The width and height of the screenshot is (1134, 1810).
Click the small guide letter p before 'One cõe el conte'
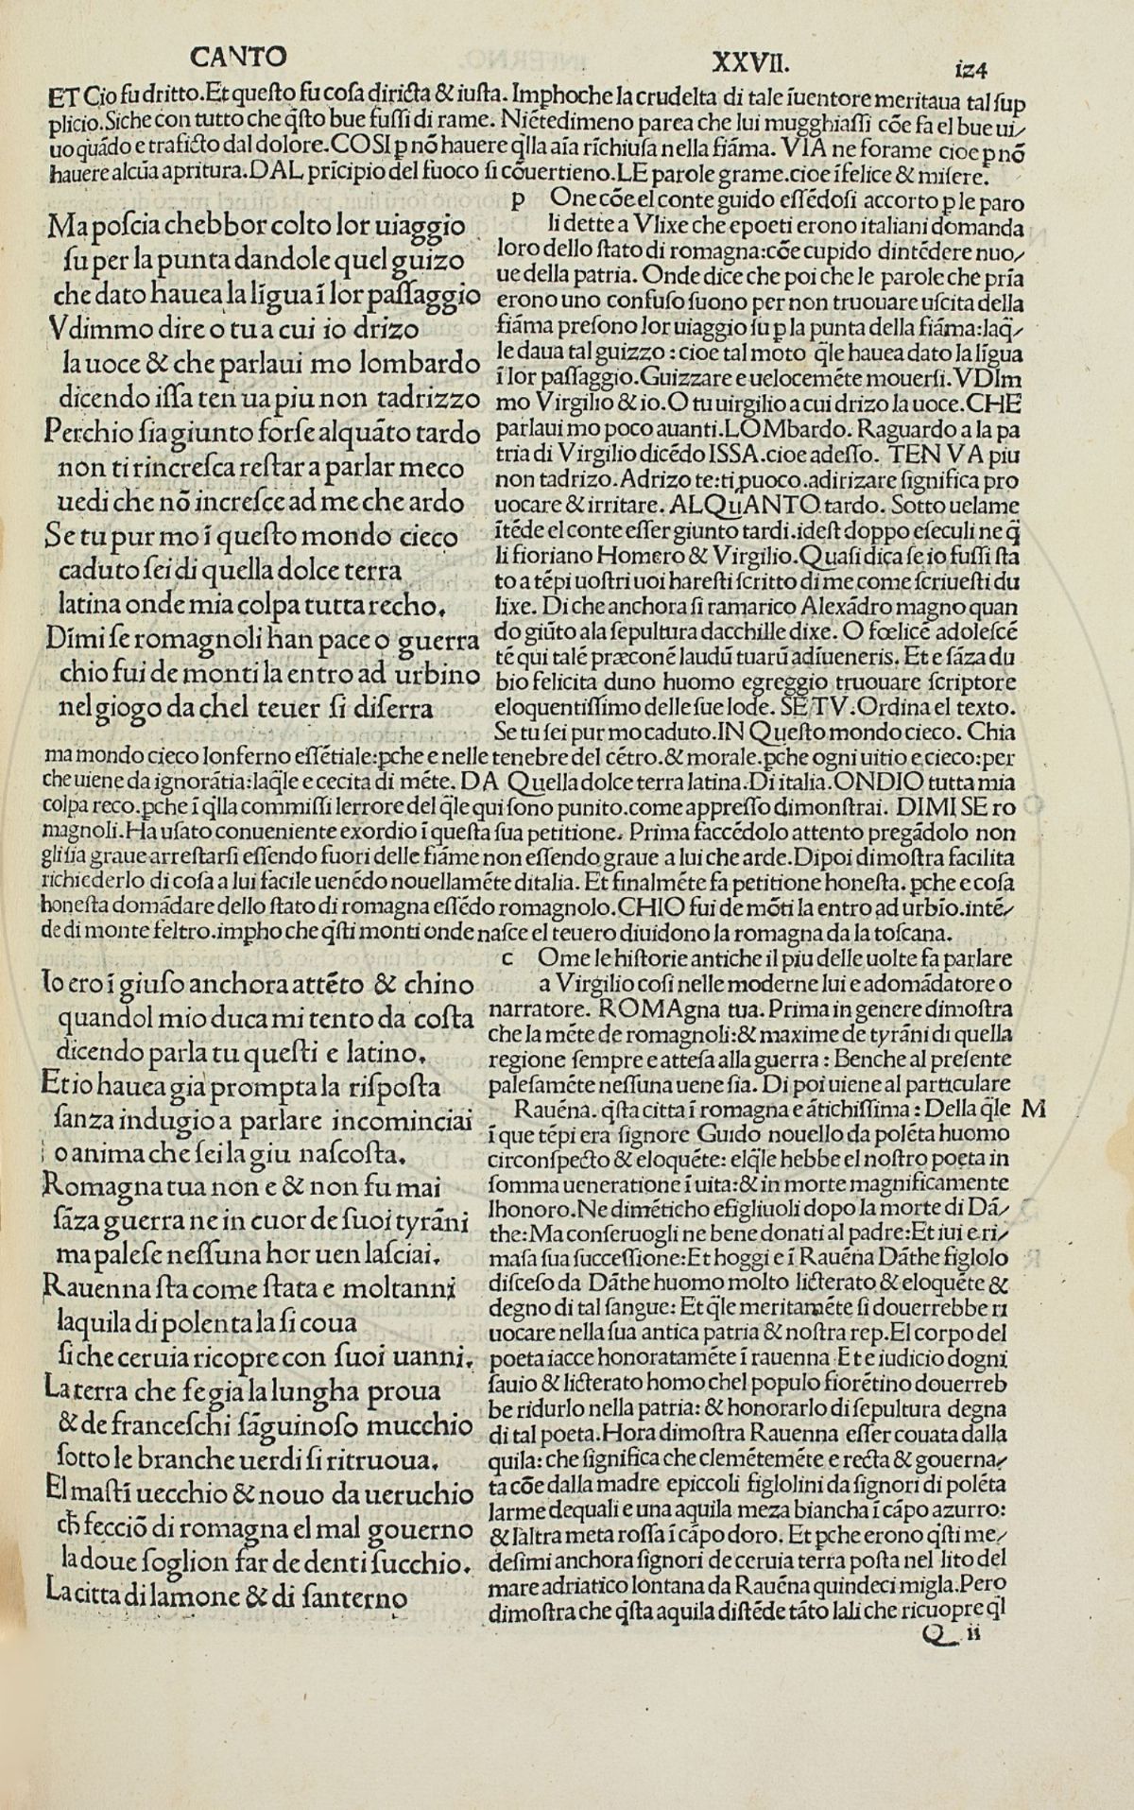point(517,201)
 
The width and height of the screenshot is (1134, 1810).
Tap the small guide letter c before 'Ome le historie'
point(507,957)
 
